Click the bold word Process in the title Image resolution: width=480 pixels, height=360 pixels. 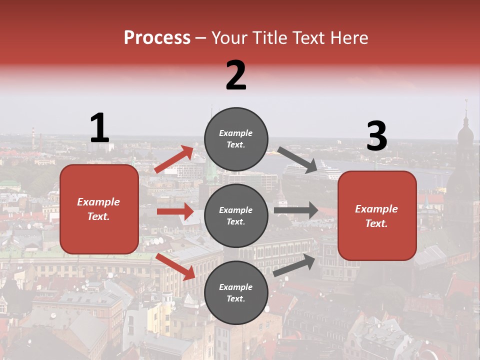[157, 37]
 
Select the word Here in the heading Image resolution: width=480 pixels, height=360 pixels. [348, 37]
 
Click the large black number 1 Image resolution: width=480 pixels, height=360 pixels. [99, 128]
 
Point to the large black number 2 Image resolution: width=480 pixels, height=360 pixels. [236, 75]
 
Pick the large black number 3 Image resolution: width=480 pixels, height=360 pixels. [376, 136]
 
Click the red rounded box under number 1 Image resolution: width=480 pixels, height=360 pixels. [99, 209]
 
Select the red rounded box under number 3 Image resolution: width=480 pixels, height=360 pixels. [377, 215]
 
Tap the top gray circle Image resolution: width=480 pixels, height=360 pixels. [236, 139]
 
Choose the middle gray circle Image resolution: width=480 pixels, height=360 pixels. [236, 215]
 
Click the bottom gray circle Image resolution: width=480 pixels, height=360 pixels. [236, 292]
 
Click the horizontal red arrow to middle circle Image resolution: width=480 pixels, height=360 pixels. [175, 211]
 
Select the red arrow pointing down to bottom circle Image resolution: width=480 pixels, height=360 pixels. [175, 266]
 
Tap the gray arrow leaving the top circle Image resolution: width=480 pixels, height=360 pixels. [297, 160]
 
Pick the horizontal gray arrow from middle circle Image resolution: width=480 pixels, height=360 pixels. [296, 210]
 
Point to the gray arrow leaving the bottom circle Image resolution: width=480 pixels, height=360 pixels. [294, 265]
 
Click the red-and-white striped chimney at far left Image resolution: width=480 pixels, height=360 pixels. [33, 134]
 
